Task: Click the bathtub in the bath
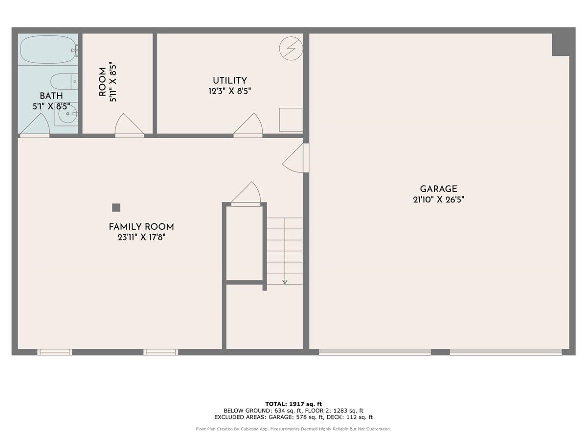pyautogui.click(x=47, y=49)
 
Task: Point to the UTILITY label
pyautogui.click(x=229, y=81)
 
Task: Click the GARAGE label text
pyautogui.click(x=438, y=189)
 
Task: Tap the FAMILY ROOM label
pyautogui.click(x=141, y=227)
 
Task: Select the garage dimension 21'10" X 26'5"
pyautogui.click(x=438, y=200)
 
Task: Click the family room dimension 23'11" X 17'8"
pyautogui.click(x=141, y=238)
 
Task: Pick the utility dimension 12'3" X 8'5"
pyautogui.click(x=229, y=91)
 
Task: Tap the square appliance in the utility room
pyautogui.click(x=291, y=120)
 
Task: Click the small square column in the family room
pyautogui.click(x=116, y=207)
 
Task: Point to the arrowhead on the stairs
pyautogui.click(x=285, y=281)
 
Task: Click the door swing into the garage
pyautogui.click(x=294, y=159)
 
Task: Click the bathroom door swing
pyautogui.click(x=35, y=124)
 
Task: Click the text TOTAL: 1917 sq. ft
pyautogui.click(x=293, y=404)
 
